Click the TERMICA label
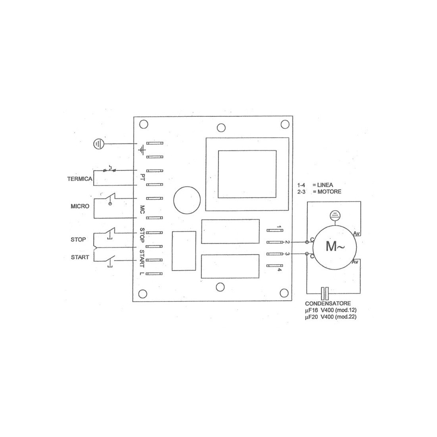click(x=80, y=179)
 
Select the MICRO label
click(x=80, y=206)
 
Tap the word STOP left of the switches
click(x=78, y=240)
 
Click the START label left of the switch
click(x=80, y=257)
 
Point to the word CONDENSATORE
click(x=328, y=304)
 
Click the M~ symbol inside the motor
click(x=335, y=246)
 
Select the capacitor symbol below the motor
click(x=325, y=294)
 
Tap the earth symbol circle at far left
click(x=99, y=144)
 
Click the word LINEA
click(x=325, y=185)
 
